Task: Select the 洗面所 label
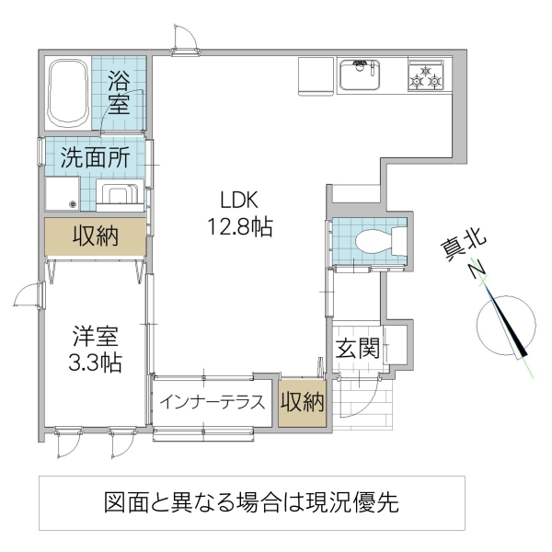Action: [x=96, y=156]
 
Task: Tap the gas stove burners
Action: [x=427, y=75]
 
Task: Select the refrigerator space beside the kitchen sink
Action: [x=315, y=75]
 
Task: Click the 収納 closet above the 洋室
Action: [x=96, y=236]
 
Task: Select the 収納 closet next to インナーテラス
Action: [x=303, y=402]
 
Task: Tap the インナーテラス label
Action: [x=213, y=402]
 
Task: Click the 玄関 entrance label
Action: [x=356, y=349]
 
